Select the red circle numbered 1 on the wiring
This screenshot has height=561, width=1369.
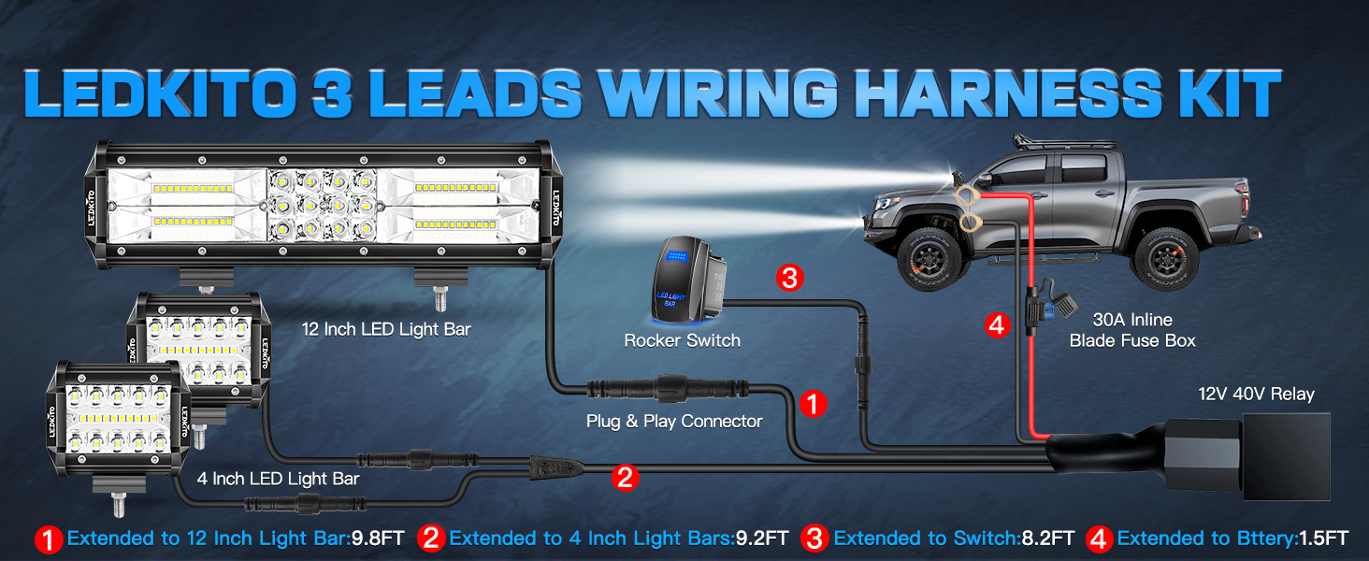(813, 404)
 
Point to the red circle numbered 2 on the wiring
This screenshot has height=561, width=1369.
(625, 478)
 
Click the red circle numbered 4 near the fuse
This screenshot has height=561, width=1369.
(998, 325)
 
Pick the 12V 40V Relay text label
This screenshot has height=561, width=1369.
(1257, 394)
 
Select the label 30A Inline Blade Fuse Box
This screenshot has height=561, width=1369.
(1132, 330)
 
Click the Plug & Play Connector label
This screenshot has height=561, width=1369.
(674, 422)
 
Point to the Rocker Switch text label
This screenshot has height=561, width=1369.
(682, 340)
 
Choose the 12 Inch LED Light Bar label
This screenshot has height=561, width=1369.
(386, 329)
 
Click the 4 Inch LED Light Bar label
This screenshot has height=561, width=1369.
(279, 479)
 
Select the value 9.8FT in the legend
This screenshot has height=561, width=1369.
(378, 539)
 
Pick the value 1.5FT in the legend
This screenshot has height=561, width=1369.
(1323, 539)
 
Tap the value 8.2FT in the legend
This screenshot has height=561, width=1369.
(1048, 539)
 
